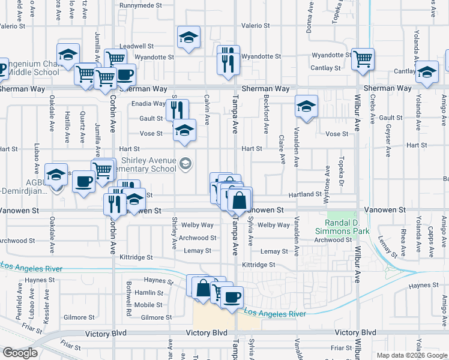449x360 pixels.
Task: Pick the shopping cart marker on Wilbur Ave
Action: click(363, 59)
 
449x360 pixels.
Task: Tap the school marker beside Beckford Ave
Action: click(306, 107)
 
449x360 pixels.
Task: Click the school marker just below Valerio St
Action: click(188, 38)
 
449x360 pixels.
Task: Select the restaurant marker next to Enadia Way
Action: click(177, 110)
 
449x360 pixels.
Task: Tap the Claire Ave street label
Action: click(282, 148)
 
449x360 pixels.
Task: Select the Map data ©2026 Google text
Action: click(411, 355)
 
